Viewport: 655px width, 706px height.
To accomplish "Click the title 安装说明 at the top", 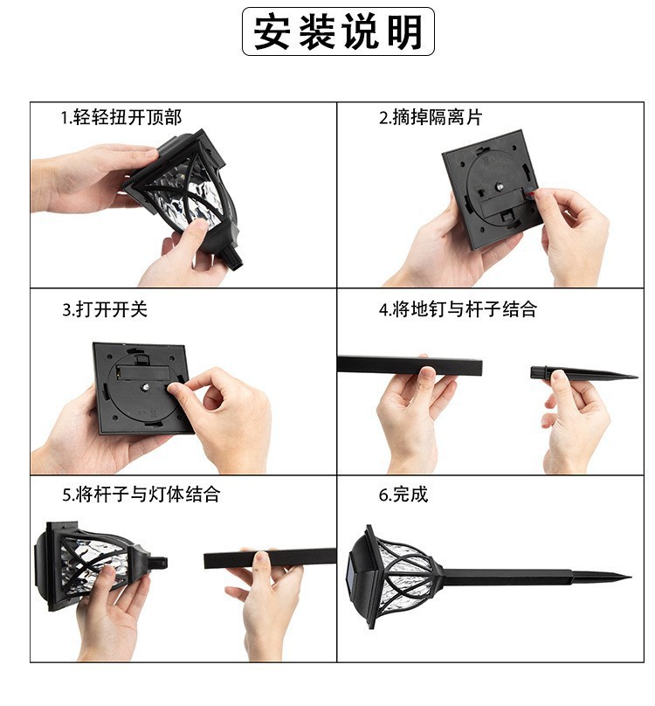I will point(338,32).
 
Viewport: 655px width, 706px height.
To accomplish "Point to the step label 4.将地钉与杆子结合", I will point(457,309).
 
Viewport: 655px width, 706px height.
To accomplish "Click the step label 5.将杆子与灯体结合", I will point(141,495).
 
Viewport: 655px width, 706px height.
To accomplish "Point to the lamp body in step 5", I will point(87,564).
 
